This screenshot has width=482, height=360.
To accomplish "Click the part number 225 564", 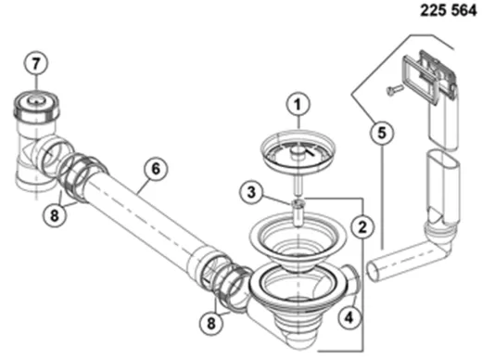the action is click(x=449, y=11).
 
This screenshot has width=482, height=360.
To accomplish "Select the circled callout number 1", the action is click(x=298, y=105).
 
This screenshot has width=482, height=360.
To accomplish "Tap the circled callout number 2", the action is click(x=362, y=226).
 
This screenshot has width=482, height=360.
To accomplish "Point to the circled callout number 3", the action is click(x=251, y=192).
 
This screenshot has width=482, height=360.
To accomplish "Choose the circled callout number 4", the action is click(x=349, y=317).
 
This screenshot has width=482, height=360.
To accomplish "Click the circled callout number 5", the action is click(x=382, y=133).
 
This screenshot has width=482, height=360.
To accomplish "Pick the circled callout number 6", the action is click(x=156, y=169).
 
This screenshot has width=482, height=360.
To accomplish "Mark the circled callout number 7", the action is click(x=36, y=64).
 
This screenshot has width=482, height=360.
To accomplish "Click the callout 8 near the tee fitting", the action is click(x=55, y=214).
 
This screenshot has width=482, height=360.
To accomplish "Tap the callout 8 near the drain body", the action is click(x=211, y=323).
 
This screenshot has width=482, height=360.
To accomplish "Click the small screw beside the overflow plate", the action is click(x=395, y=89).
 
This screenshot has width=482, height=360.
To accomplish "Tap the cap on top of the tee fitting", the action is click(x=36, y=105).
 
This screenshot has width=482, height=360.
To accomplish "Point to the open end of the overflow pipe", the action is click(x=374, y=271).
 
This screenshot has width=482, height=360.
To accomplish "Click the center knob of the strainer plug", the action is click(x=297, y=151).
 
